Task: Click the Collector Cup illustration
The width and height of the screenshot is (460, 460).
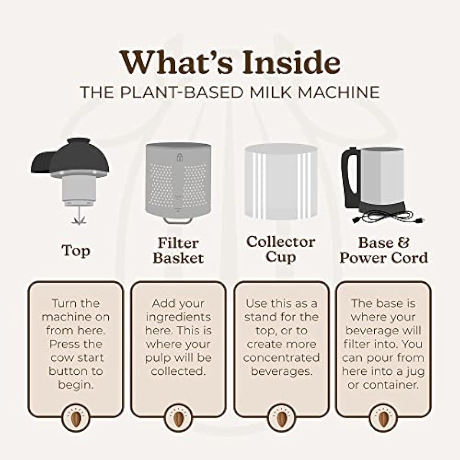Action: click(x=280, y=182)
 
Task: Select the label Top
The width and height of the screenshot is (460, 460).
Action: click(x=76, y=250)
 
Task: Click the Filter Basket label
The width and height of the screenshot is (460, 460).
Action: click(x=178, y=250)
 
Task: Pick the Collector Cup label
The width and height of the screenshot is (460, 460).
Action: click(x=280, y=249)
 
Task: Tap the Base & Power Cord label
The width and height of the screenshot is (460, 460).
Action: click(x=383, y=250)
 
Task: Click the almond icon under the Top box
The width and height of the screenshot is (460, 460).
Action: click(x=76, y=418)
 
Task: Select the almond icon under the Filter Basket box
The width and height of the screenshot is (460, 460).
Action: click(x=178, y=418)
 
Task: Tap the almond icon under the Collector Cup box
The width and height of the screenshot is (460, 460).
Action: click(x=281, y=418)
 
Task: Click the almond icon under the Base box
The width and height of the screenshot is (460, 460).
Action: click(x=383, y=418)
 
